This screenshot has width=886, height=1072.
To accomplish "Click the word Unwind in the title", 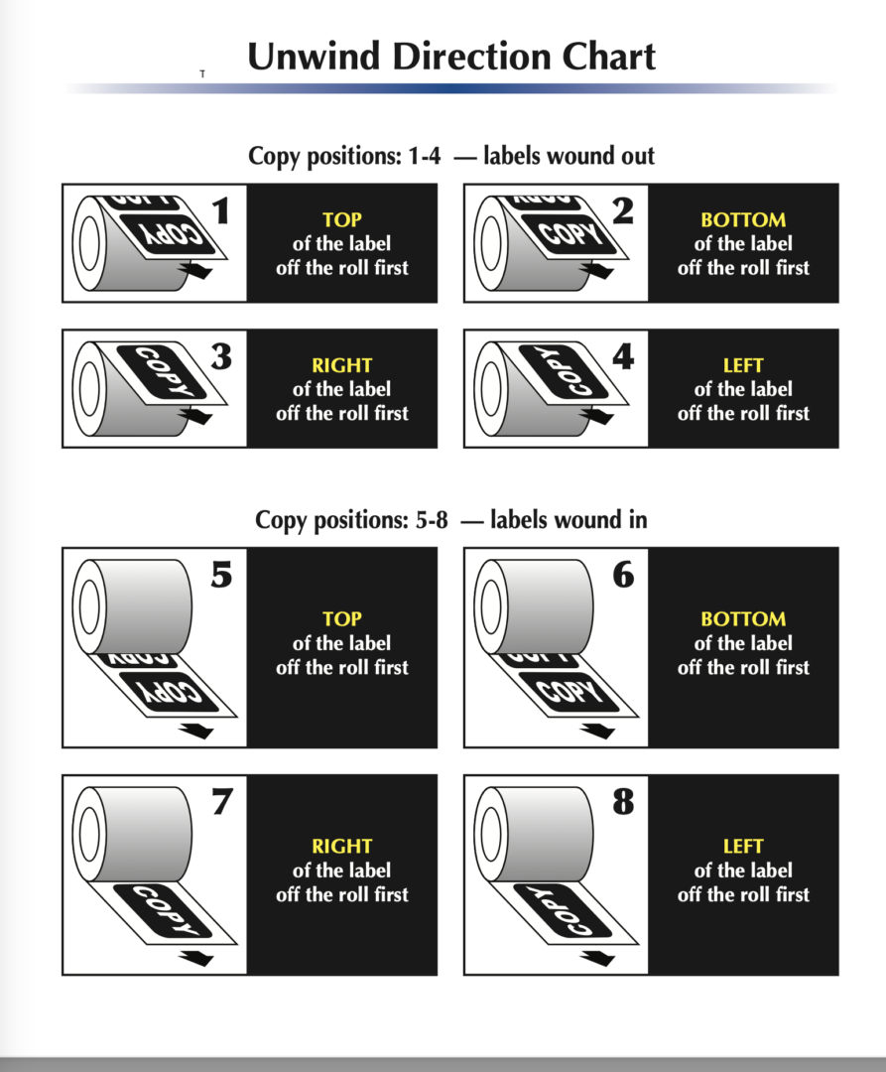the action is point(313,56).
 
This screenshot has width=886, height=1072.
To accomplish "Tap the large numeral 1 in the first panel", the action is point(220,210).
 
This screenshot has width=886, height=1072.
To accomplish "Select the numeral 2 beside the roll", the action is point(622,210).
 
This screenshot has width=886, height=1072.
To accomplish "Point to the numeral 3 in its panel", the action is point(221,356).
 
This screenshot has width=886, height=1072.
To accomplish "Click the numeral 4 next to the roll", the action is point(623,356).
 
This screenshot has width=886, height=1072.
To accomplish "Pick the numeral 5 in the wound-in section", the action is point(221,575).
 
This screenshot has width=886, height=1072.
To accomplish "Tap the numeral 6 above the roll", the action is point(623,575).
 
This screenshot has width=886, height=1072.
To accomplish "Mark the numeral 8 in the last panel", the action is point(623,801).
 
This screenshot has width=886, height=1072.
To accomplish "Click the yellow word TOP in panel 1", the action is point(341,219).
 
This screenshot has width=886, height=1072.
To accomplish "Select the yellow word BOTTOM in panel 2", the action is point(743,219).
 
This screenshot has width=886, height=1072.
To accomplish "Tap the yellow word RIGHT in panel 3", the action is point(341,365).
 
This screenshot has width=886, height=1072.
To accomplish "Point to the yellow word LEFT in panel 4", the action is point(743,365).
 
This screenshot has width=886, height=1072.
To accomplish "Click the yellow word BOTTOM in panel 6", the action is point(743,618).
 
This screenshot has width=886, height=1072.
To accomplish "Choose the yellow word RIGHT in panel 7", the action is point(341,846).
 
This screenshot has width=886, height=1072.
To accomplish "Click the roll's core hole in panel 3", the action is point(89,388).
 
